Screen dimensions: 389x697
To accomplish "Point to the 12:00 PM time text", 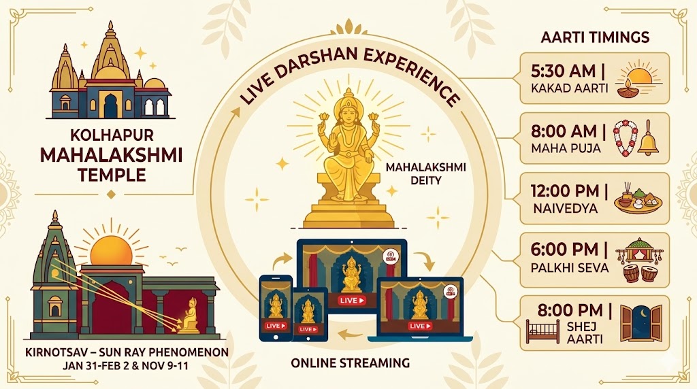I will (x=562, y=190).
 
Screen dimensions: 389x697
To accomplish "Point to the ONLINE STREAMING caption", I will (x=351, y=362).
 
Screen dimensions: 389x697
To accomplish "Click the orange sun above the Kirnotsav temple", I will (x=112, y=250).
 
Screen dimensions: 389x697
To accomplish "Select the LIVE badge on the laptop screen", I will (x=417, y=326).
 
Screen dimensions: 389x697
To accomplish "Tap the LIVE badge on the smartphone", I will (x=275, y=325).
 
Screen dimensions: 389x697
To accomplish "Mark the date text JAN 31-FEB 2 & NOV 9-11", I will (x=126, y=367).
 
